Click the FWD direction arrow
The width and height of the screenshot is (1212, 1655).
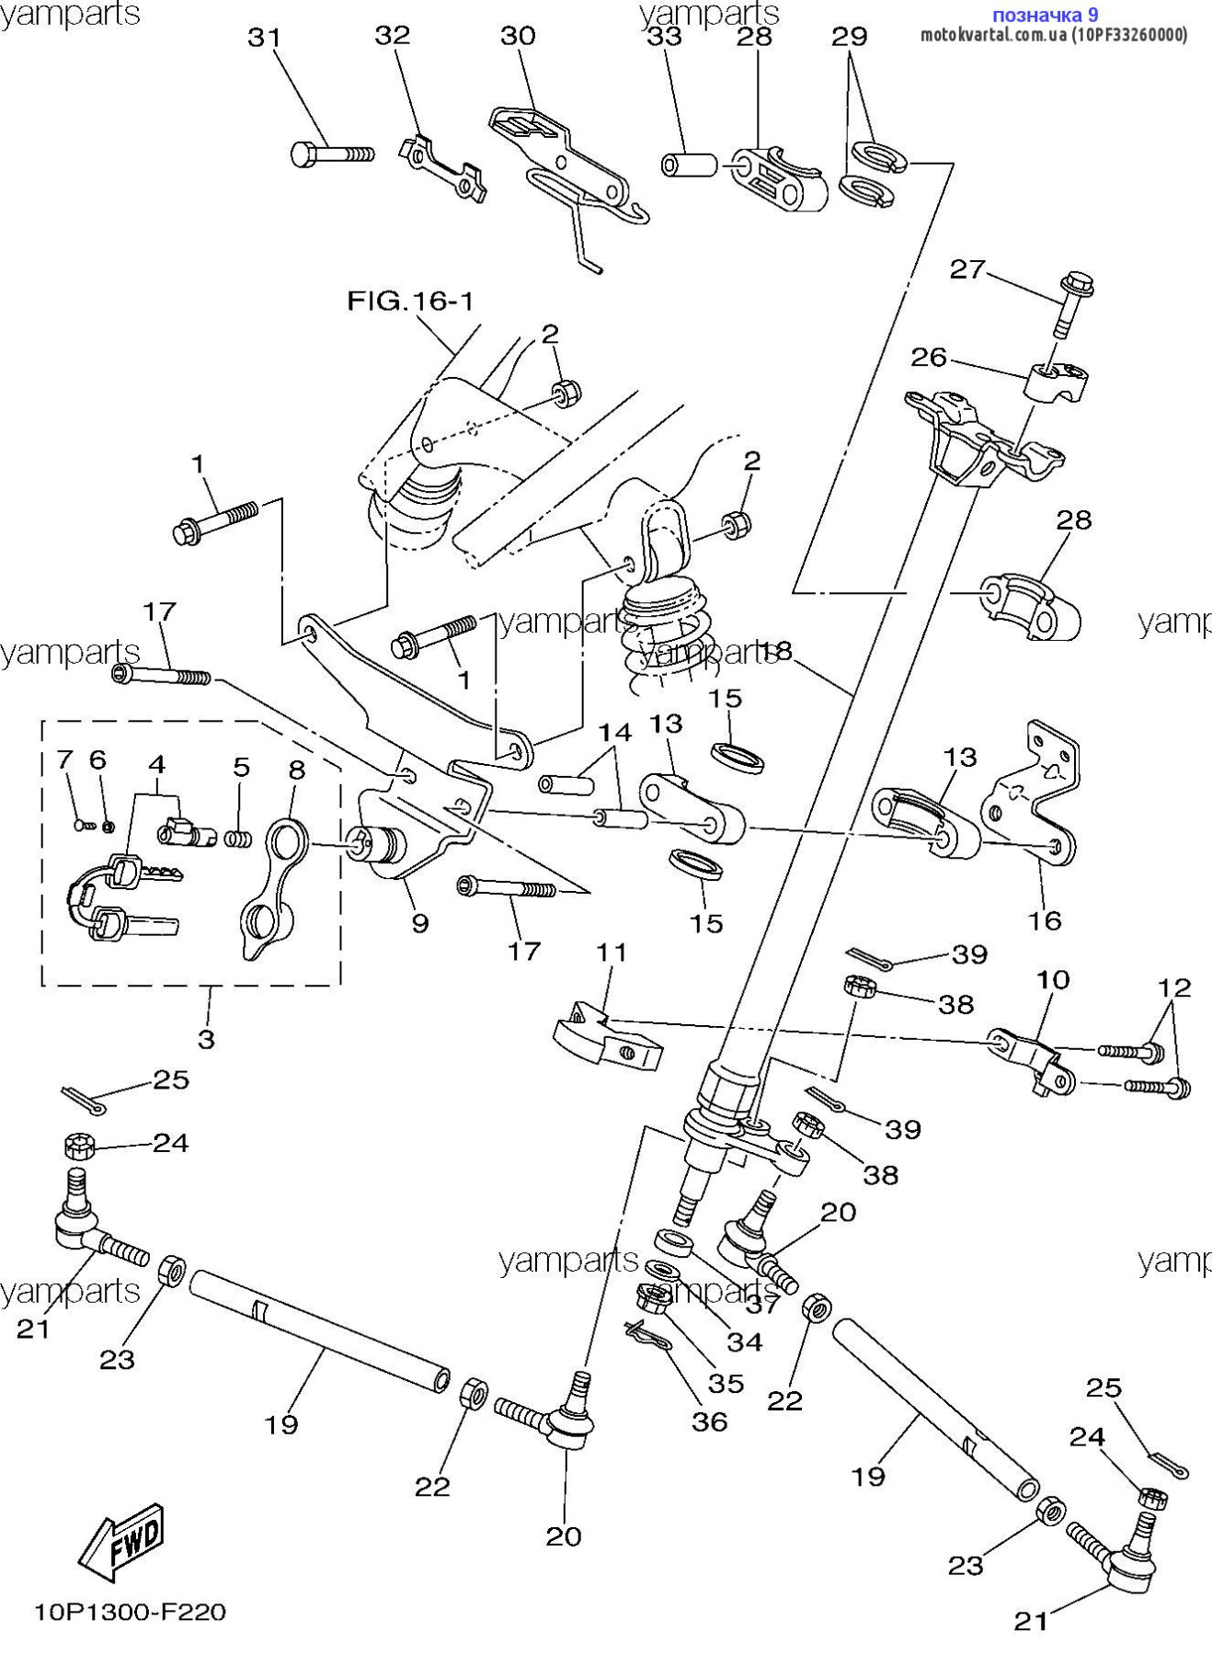[122, 1547]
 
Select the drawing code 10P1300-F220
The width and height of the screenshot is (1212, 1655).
[130, 1612]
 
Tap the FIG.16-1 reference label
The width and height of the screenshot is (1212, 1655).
[410, 301]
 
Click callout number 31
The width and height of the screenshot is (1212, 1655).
[265, 38]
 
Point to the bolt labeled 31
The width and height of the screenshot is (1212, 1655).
[332, 154]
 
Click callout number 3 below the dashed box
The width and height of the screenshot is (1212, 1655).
[207, 1039]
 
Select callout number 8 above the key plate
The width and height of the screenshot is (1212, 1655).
[296, 769]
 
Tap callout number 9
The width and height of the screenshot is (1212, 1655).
[419, 922]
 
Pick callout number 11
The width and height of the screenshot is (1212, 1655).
[612, 953]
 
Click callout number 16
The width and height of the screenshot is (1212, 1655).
[1045, 919]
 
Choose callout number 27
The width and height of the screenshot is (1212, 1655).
[966, 269]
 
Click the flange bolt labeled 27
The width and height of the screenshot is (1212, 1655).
[1070, 302]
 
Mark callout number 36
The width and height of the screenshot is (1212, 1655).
[709, 1421]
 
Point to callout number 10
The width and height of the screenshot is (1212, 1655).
[1053, 980]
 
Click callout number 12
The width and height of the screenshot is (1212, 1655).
[1174, 988]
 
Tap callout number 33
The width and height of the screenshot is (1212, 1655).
[665, 37]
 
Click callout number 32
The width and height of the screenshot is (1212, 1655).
[392, 35]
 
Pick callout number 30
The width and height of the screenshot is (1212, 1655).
[518, 36]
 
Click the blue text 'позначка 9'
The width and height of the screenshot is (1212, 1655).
[1045, 15]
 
